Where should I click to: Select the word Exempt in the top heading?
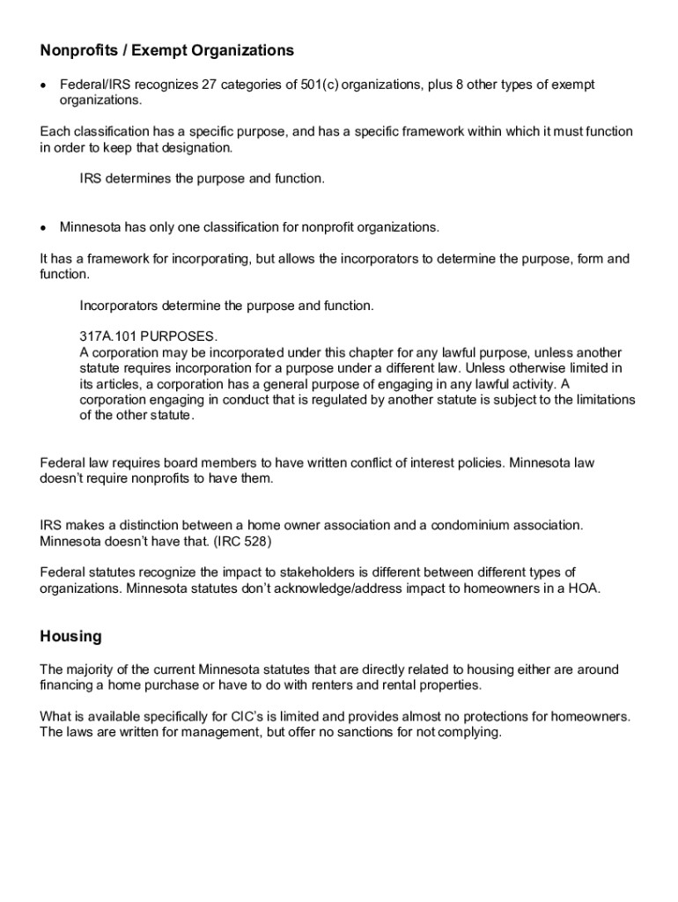click(158, 51)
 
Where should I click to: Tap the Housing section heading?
click(70, 636)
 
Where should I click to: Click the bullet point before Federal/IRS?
click(44, 85)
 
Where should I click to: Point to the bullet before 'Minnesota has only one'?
click(44, 228)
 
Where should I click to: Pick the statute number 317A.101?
click(107, 337)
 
